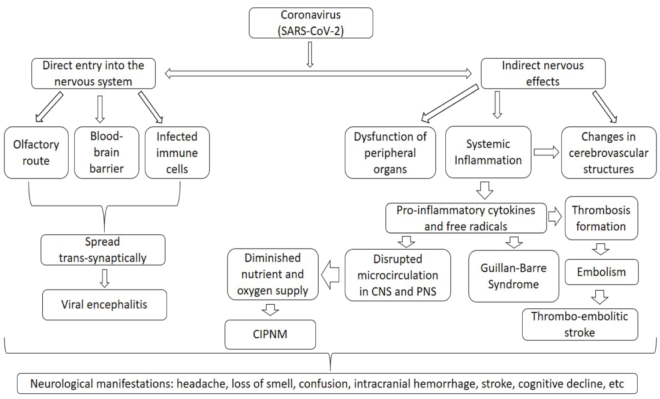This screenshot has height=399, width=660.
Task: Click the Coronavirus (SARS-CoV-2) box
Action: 311,23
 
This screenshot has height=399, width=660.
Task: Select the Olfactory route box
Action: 36,152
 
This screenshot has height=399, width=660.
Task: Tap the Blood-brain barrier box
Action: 106,152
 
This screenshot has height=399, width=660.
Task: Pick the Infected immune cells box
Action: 177,152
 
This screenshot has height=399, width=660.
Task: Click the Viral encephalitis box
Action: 104,304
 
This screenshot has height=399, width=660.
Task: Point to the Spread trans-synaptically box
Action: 103,250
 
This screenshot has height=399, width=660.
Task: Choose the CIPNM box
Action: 270,334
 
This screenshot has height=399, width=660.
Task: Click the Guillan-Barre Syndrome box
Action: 513,276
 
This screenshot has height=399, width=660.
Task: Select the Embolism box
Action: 601,272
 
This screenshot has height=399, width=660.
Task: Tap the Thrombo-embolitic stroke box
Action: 579,324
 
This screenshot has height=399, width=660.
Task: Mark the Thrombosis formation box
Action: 601,218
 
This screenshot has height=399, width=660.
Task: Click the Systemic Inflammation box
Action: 488,152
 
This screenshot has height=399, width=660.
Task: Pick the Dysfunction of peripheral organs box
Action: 390,152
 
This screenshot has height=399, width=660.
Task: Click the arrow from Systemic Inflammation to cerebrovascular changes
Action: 546,152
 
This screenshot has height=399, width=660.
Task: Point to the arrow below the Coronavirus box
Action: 310,55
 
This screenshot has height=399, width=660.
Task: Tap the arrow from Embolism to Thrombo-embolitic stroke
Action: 600,297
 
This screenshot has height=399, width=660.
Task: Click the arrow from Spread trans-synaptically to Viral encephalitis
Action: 104,278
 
